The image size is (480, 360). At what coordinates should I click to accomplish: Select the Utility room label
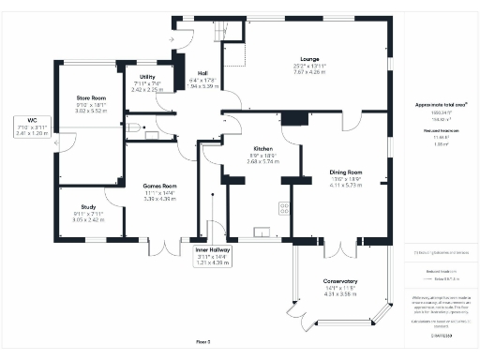pos(147,77)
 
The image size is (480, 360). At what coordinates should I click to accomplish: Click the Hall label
pos(203,73)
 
